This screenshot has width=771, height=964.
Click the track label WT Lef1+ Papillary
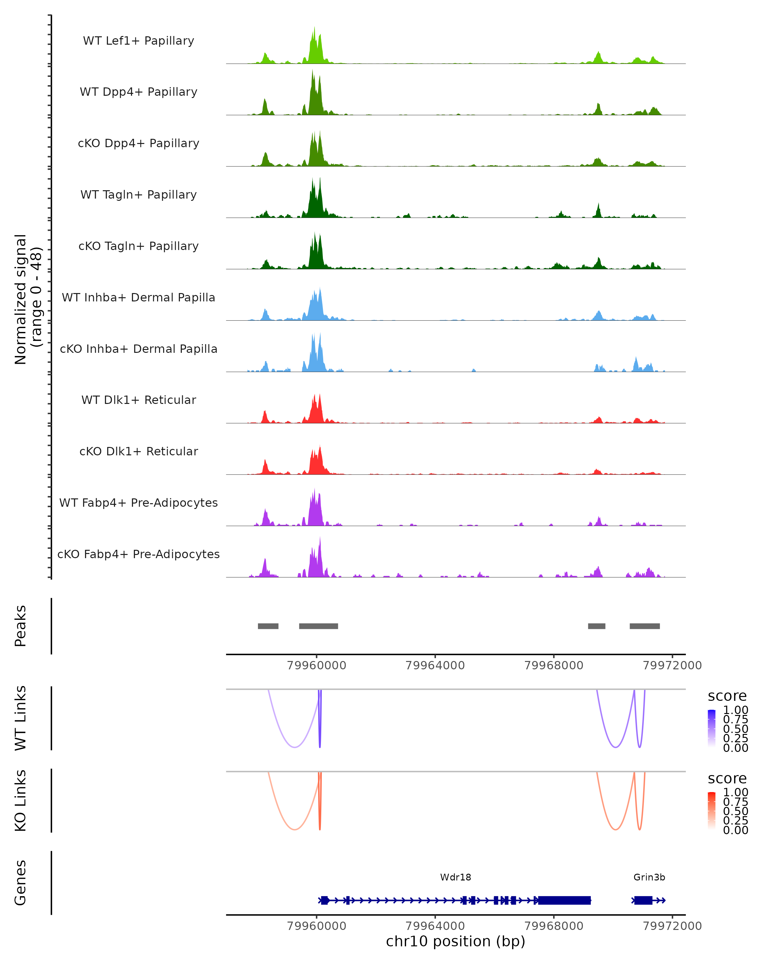click(138, 41)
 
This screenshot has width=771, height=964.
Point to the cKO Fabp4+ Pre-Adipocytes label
click(138, 554)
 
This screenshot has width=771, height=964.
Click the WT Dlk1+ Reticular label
click(138, 400)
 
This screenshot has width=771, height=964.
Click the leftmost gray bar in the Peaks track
click(268, 626)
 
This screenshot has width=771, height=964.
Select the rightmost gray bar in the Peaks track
click(644, 626)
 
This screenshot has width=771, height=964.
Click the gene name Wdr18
click(456, 877)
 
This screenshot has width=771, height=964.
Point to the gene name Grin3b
click(649, 877)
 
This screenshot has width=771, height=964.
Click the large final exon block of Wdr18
click(564, 900)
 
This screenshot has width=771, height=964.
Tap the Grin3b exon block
click(643, 900)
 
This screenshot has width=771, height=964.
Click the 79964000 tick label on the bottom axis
click(435, 925)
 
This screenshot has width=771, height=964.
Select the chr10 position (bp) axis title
click(456, 942)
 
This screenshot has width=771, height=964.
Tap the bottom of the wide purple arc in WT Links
click(295, 747)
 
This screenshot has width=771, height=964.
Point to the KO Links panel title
click(21, 800)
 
